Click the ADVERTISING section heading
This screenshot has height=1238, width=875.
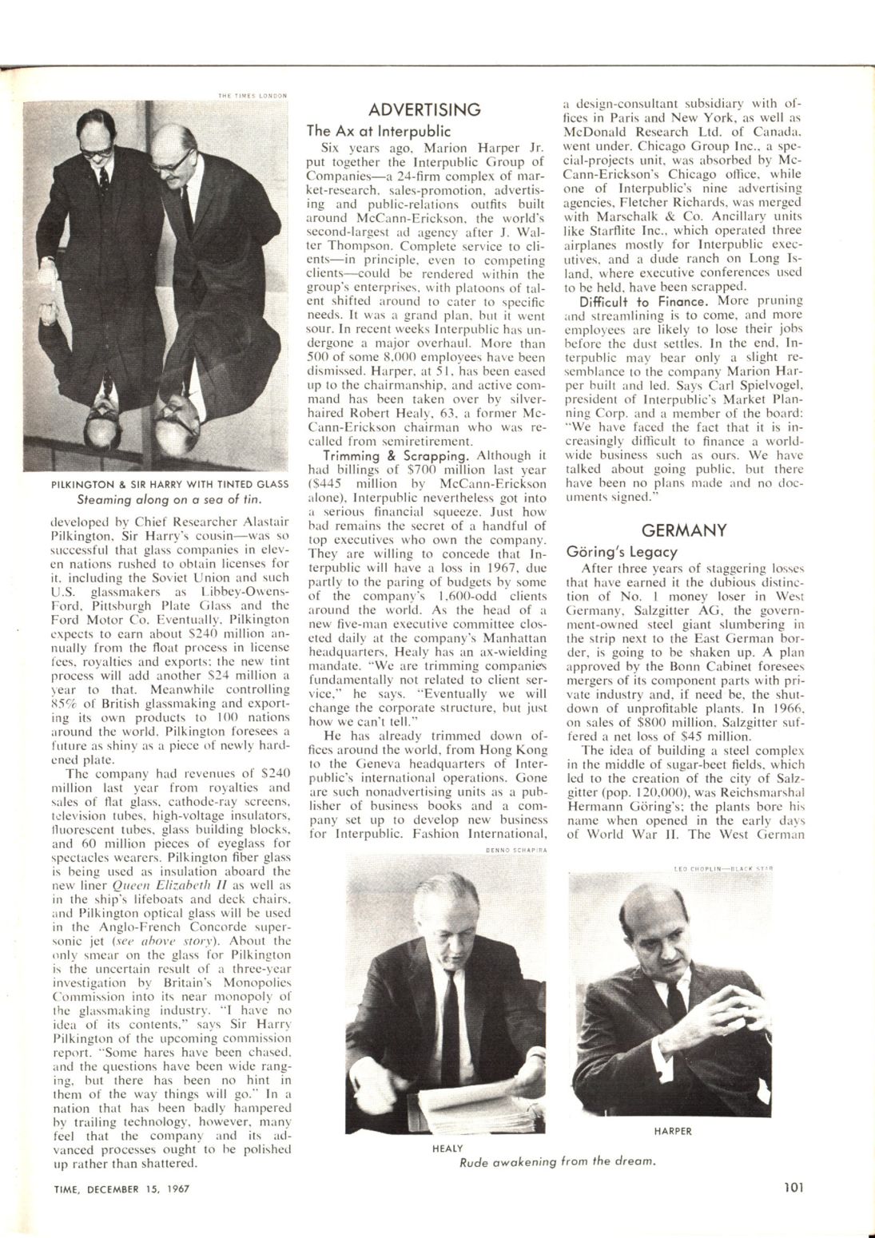(428, 109)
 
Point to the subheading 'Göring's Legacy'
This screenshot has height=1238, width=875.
(622, 551)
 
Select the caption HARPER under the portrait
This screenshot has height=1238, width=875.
(673, 1131)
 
